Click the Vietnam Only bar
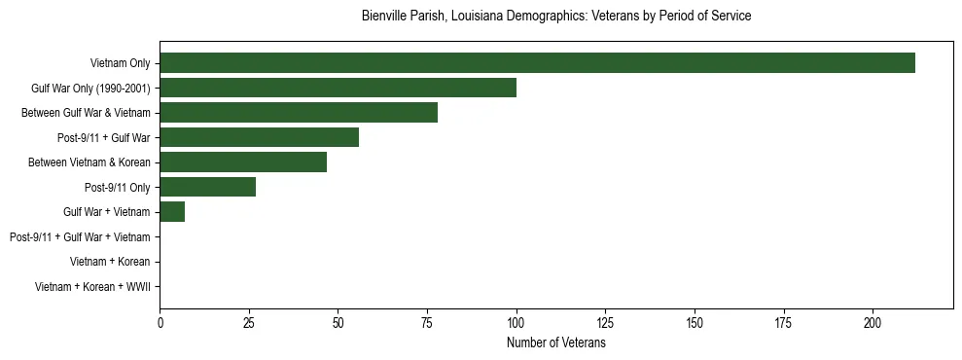537,63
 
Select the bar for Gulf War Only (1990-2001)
338,88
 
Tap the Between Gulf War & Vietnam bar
299,113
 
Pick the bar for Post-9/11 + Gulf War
259,137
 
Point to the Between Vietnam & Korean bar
243,162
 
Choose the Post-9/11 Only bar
207,187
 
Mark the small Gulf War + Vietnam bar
172,212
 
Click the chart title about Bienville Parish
555,17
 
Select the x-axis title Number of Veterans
555,343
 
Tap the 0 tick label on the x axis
160,323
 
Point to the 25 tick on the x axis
249,323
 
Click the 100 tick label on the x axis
517,323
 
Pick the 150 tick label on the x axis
695,323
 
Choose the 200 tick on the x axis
873,323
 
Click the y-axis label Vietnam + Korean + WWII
92,287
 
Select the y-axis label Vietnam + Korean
110,262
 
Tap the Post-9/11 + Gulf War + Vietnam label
80,236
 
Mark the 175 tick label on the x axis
784,323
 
